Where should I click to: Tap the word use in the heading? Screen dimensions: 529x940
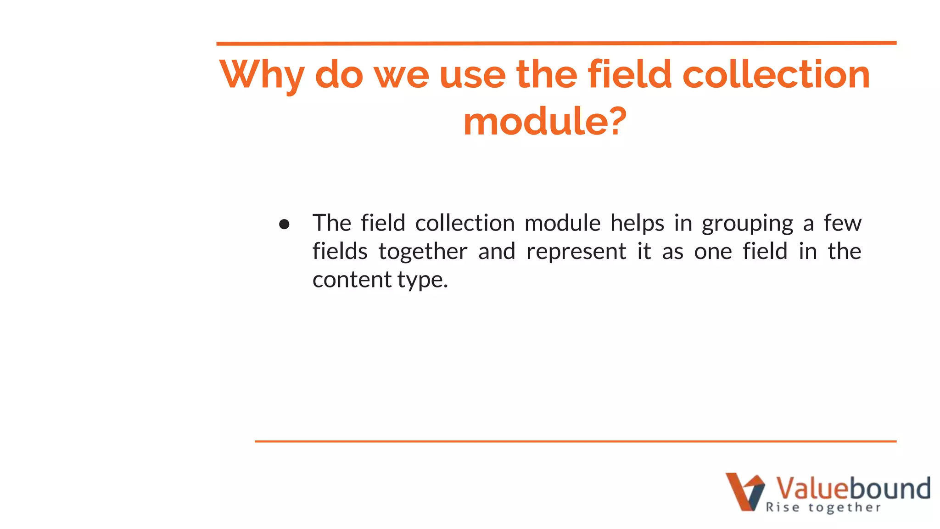[x=472, y=74]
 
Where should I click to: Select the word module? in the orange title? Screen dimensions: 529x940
[x=545, y=121]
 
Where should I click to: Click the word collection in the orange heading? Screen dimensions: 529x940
[x=776, y=74]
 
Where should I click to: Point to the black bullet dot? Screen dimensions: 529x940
[x=284, y=224]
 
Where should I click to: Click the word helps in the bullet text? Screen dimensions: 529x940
[x=637, y=223]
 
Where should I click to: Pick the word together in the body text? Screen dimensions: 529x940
[x=423, y=252]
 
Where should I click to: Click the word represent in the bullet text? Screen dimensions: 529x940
[x=576, y=252]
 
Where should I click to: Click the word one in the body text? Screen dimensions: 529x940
[x=713, y=252]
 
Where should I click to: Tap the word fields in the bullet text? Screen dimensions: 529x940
[x=340, y=252]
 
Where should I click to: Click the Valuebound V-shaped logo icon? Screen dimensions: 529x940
[x=744, y=492]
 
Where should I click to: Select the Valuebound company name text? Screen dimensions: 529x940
[x=853, y=488]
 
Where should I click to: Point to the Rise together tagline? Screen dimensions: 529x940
[x=823, y=507]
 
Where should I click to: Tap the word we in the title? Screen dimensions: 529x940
[x=402, y=74]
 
